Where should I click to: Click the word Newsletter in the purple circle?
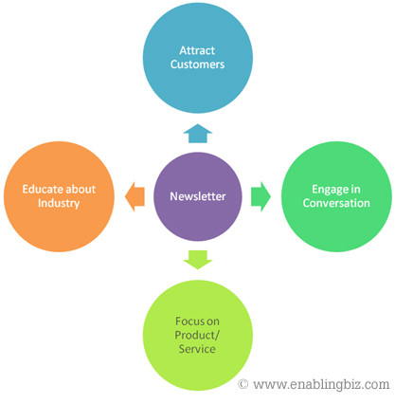pos(198,196)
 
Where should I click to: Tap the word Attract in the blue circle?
pos(197,50)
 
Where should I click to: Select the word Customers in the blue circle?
pos(197,64)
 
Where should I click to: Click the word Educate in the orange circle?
pos(43,189)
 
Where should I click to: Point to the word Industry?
pos(59,203)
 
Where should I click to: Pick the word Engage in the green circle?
pos(327,190)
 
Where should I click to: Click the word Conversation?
pos(336,203)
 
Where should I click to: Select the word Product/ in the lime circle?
pos(197,335)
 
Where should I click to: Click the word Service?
pos(197,349)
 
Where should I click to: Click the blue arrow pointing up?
pos(198,134)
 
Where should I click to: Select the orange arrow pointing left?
pos(135,196)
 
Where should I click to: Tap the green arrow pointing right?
pos(260,196)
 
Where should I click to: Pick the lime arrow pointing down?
pos(198,260)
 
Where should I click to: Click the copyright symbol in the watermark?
pos(242,384)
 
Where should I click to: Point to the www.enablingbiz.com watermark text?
pos(321,384)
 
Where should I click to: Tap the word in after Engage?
pos(355,189)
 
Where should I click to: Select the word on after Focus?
pos(213,321)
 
